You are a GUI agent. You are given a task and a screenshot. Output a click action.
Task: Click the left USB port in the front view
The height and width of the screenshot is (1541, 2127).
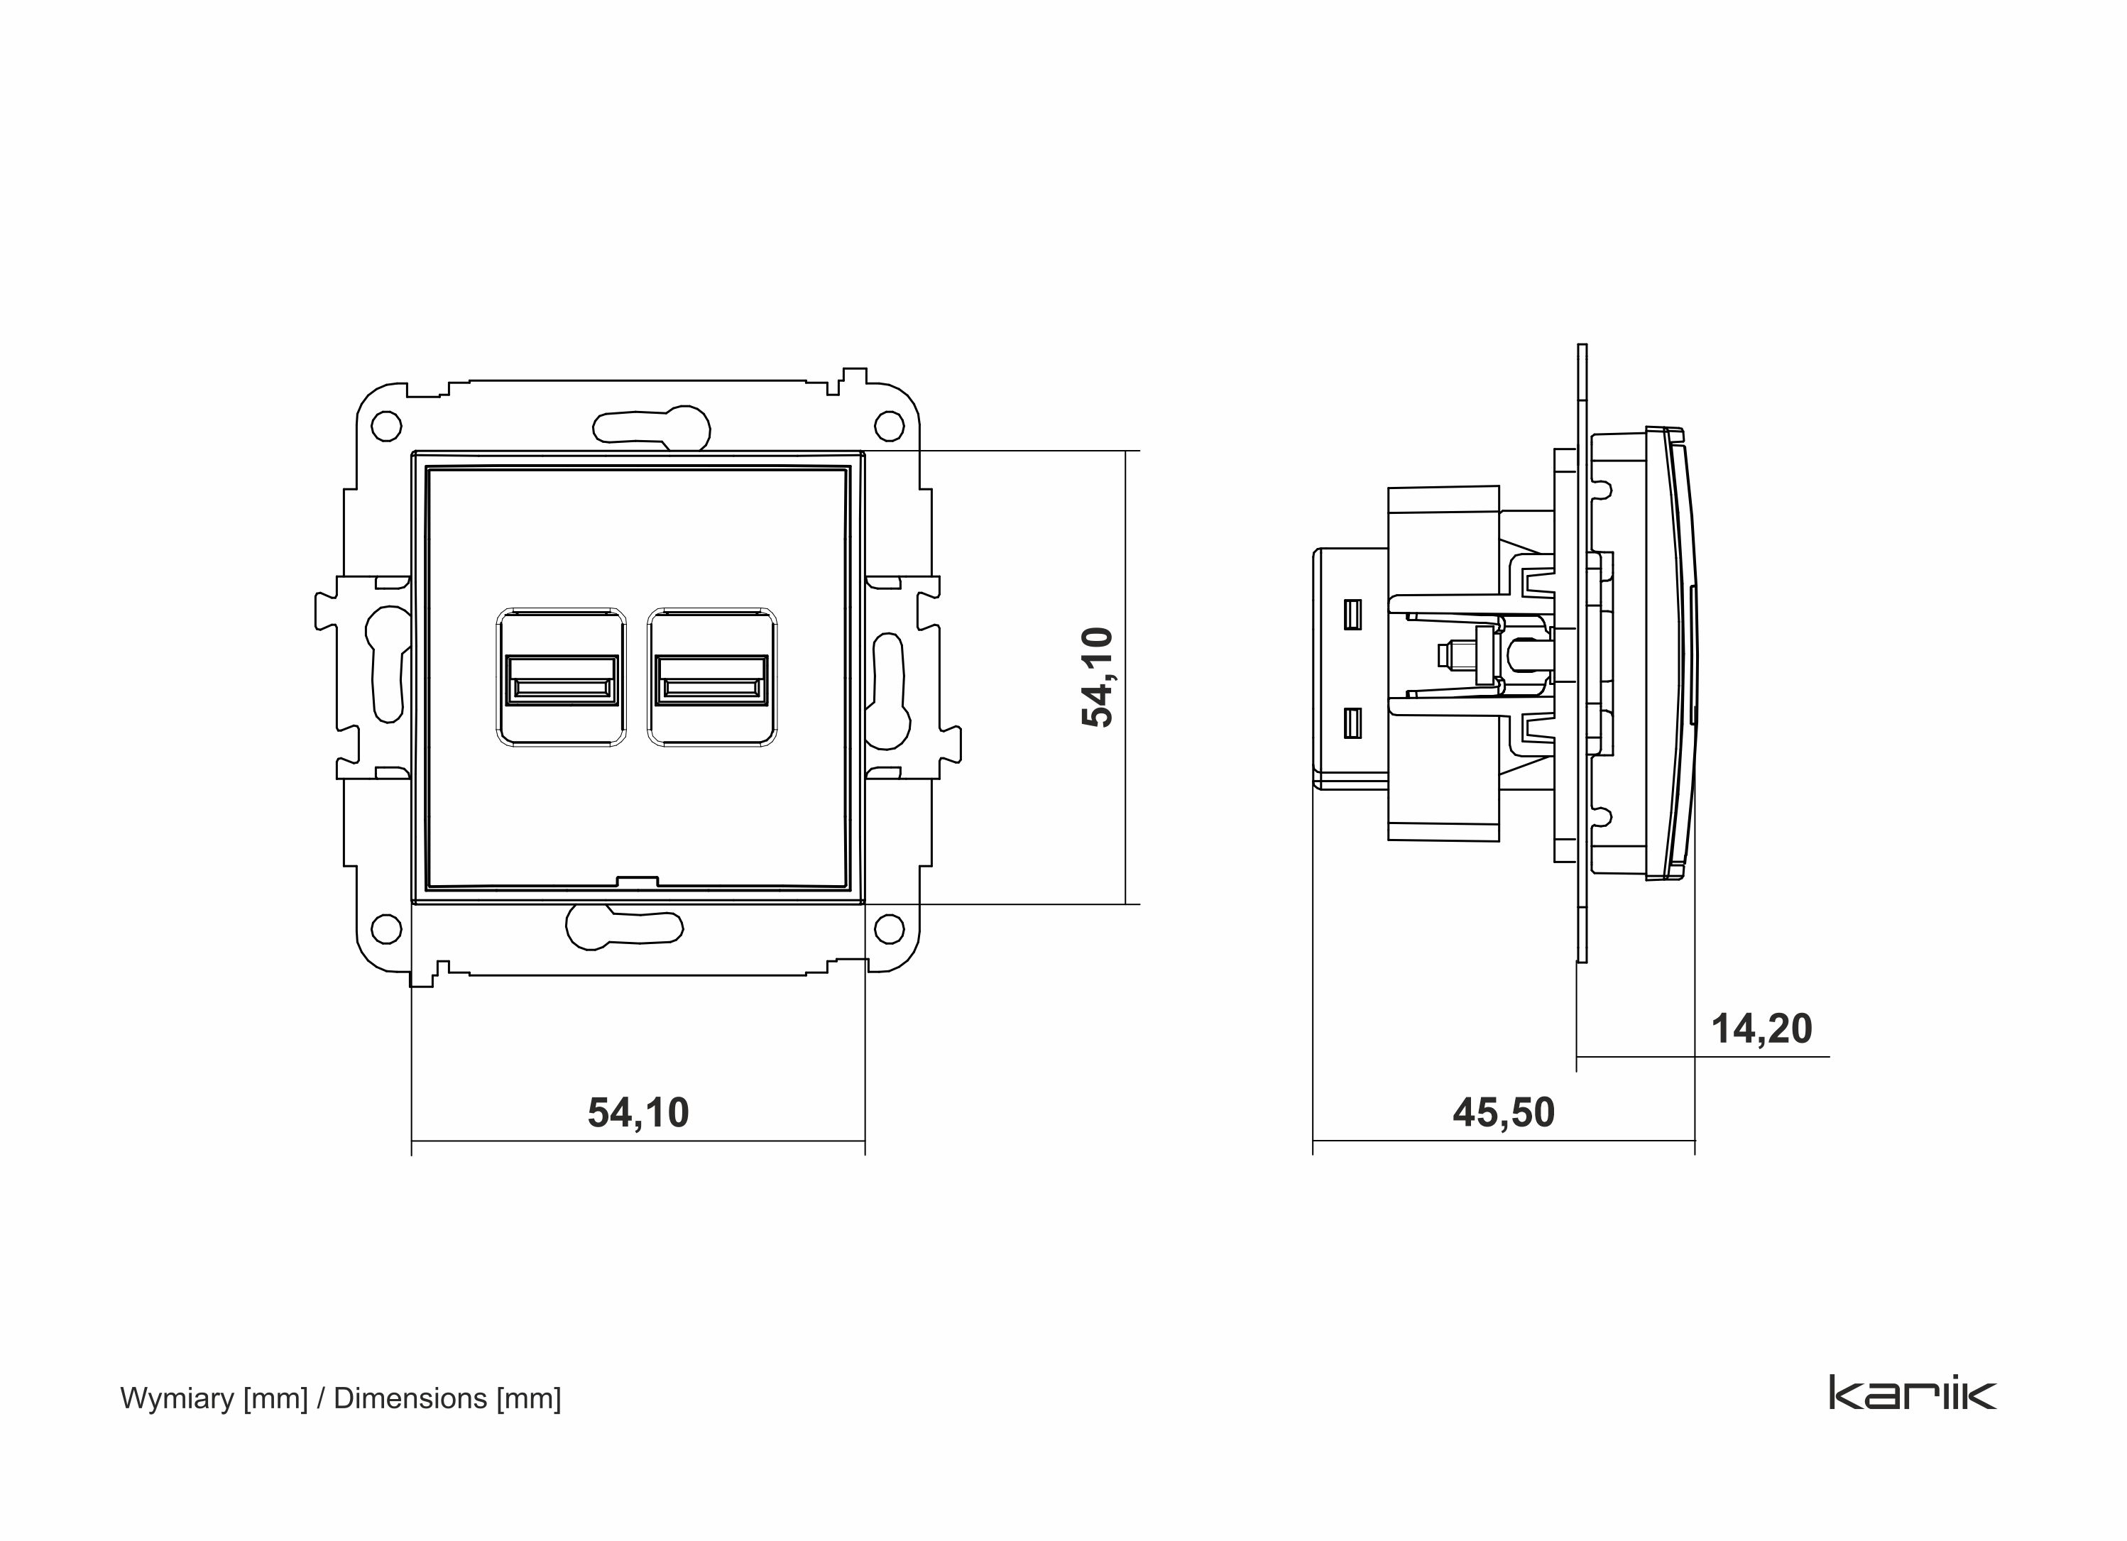click(561, 679)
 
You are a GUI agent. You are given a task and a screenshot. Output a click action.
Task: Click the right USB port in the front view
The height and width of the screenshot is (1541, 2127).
click(712, 679)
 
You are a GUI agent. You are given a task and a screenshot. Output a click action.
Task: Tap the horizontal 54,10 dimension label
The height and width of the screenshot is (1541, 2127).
click(638, 1112)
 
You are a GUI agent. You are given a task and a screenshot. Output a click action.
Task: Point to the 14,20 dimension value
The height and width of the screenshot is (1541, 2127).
click(1761, 1029)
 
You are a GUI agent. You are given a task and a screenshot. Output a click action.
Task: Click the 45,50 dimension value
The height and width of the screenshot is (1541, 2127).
click(1504, 1112)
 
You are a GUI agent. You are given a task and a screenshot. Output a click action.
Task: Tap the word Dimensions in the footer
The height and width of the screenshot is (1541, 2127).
click(410, 1398)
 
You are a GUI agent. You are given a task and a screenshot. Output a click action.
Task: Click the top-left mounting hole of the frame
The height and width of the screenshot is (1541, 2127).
click(386, 427)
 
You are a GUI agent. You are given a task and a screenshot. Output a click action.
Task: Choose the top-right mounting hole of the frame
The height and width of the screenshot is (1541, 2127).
click(888, 427)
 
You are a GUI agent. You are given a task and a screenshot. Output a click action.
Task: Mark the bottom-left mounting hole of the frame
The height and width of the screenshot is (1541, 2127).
click(386, 928)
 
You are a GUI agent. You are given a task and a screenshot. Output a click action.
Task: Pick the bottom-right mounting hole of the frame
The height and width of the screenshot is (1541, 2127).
click(888, 928)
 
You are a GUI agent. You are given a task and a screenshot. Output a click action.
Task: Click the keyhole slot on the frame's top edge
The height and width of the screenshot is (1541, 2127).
click(651, 427)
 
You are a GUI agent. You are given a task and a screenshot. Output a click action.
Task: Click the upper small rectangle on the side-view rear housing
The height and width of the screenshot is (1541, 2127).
click(1352, 613)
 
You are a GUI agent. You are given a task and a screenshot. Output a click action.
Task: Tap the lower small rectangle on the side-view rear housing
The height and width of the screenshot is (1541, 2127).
click(1352, 722)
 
